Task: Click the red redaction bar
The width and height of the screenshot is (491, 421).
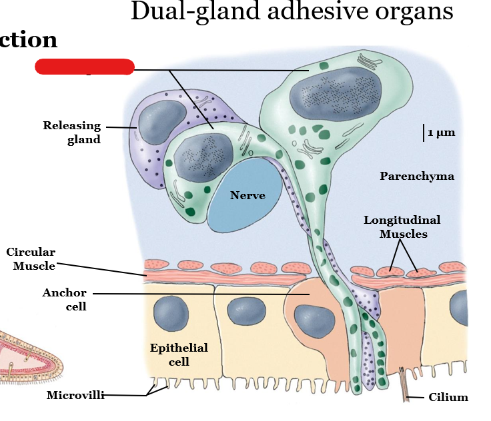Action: (x=84, y=67)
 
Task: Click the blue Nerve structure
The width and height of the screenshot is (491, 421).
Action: (x=248, y=195)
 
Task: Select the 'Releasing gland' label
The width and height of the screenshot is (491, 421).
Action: (x=72, y=132)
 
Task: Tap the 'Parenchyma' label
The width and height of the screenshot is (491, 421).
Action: (x=417, y=177)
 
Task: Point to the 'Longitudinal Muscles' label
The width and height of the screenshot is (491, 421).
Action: (x=402, y=226)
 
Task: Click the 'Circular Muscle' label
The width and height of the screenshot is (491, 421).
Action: (x=31, y=258)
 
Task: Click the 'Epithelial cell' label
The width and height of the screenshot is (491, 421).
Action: (x=179, y=354)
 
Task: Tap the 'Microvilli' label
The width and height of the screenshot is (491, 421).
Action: (x=75, y=395)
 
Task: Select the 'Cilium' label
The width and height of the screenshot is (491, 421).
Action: (x=448, y=398)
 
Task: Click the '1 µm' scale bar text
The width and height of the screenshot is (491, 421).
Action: (x=441, y=133)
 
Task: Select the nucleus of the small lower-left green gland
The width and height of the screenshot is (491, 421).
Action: (x=193, y=157)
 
